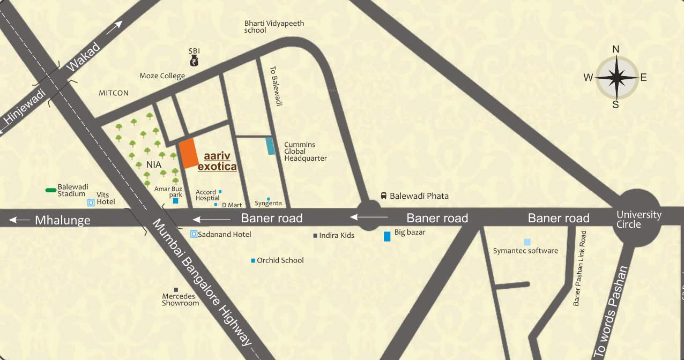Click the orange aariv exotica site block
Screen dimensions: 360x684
click(188, 154)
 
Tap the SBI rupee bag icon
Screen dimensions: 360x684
click(194, 61)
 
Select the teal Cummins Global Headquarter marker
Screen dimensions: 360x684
click(271, 146)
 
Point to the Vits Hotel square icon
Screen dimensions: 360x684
click(91, 202)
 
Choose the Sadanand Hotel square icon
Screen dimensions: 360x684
click(194, 234)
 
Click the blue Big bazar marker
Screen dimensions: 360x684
click(387, 236)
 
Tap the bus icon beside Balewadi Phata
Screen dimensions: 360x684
click(384, 196)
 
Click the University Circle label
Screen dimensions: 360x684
click(638, 219)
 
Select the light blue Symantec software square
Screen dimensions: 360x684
click(527, 242)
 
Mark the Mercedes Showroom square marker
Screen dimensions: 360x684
click(176, 290)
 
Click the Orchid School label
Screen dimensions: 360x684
click(280, 260)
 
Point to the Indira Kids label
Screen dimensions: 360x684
click(336, 235)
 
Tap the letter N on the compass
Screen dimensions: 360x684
click(616, 49)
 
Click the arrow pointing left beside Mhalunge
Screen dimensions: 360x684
click(20, 220)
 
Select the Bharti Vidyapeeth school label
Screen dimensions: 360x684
click(266, 27)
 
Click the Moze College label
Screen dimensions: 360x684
click(162, 76)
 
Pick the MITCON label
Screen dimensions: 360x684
click(114, 93)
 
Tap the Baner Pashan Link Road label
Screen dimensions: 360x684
click(580, 268)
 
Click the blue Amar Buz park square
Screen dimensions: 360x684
click(175, 201)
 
